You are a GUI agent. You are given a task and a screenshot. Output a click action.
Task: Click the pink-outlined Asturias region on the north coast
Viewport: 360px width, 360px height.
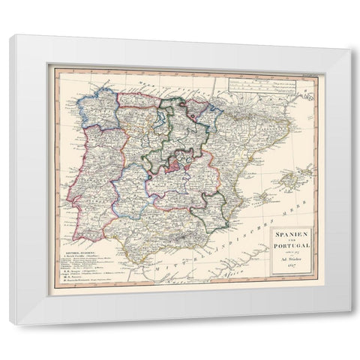pos(139,98)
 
